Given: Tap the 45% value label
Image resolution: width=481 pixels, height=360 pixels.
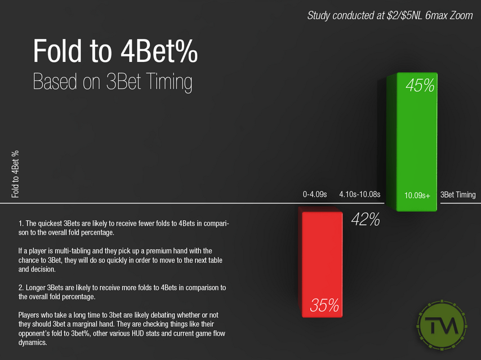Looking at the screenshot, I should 420,86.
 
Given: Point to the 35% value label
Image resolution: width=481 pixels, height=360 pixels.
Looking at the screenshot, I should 324,305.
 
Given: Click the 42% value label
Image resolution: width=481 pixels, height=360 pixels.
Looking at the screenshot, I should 365,220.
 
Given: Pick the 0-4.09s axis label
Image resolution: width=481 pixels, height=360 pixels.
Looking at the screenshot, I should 316,195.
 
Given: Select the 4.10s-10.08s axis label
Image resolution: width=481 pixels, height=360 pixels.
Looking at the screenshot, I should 360,195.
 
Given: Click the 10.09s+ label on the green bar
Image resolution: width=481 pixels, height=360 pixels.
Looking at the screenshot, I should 417,195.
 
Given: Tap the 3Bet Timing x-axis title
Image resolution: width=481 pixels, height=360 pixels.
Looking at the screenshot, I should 458,195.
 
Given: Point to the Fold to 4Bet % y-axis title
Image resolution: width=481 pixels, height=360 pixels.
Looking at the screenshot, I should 15,174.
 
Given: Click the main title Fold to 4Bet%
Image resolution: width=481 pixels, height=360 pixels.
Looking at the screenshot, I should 115,52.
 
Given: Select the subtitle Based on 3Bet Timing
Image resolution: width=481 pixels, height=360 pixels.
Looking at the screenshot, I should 113,82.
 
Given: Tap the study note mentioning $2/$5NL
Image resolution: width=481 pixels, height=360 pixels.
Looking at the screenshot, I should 390,15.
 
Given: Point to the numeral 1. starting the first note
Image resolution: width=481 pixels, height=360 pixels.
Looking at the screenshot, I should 21,224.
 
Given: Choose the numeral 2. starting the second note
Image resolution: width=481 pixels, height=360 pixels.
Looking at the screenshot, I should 21,288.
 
